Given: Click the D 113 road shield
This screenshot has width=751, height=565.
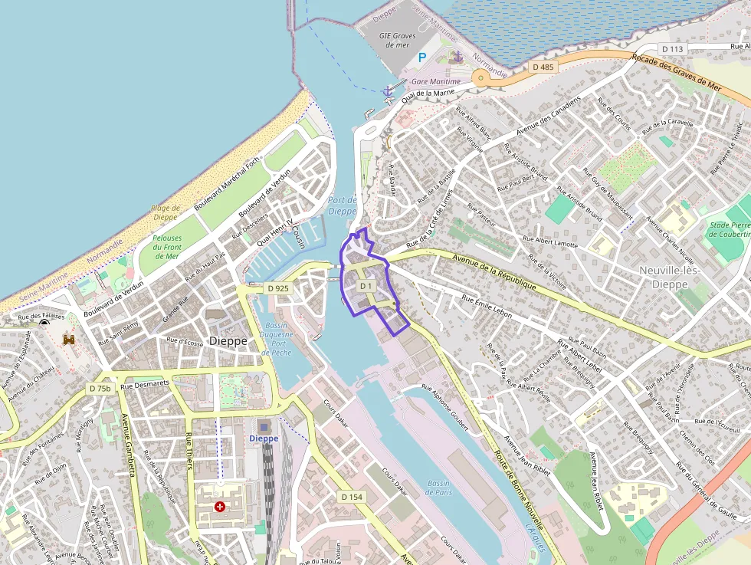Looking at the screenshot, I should (672, 50).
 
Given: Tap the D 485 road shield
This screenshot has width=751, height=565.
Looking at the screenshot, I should (543, 67).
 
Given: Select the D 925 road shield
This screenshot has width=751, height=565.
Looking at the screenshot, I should (278, 288).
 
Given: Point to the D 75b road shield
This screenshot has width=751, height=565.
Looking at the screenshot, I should (100, 389).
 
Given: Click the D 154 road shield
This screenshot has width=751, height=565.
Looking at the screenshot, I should (351, 497).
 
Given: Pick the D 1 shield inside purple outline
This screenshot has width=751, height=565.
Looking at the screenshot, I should (366, 287).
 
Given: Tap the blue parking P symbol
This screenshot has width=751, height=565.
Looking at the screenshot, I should (421, 57).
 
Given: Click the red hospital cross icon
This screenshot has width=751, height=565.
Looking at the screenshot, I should (220, 507).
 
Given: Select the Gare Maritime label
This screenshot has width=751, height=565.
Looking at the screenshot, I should (436, 81).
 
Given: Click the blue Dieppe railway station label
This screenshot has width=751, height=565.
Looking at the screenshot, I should (264, 439).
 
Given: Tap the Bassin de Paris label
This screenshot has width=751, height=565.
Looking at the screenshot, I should (439, 488).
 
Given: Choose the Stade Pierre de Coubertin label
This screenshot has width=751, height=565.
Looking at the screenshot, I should (728, 230).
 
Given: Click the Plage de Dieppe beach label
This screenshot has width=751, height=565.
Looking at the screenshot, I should (166, 212).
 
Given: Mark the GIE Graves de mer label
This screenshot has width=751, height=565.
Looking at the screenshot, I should (397, 40).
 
